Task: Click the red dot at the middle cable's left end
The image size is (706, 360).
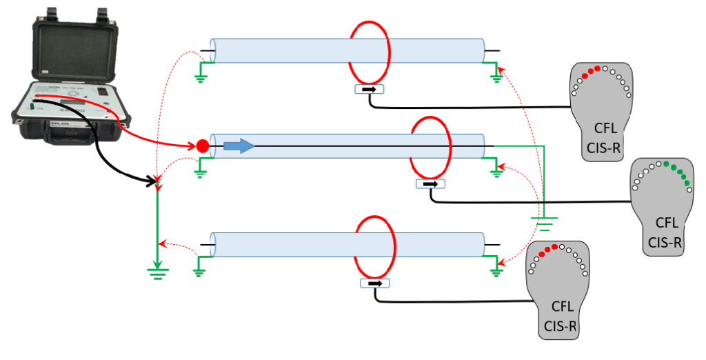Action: click(202, 146)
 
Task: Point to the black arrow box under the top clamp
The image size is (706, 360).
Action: click(370, 89)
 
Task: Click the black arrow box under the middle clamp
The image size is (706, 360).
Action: click(431, 184)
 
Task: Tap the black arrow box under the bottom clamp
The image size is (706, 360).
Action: click(374, 283)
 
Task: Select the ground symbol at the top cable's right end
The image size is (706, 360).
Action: click(495, 78)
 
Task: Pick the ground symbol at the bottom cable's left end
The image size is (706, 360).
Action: click(199, 272)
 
